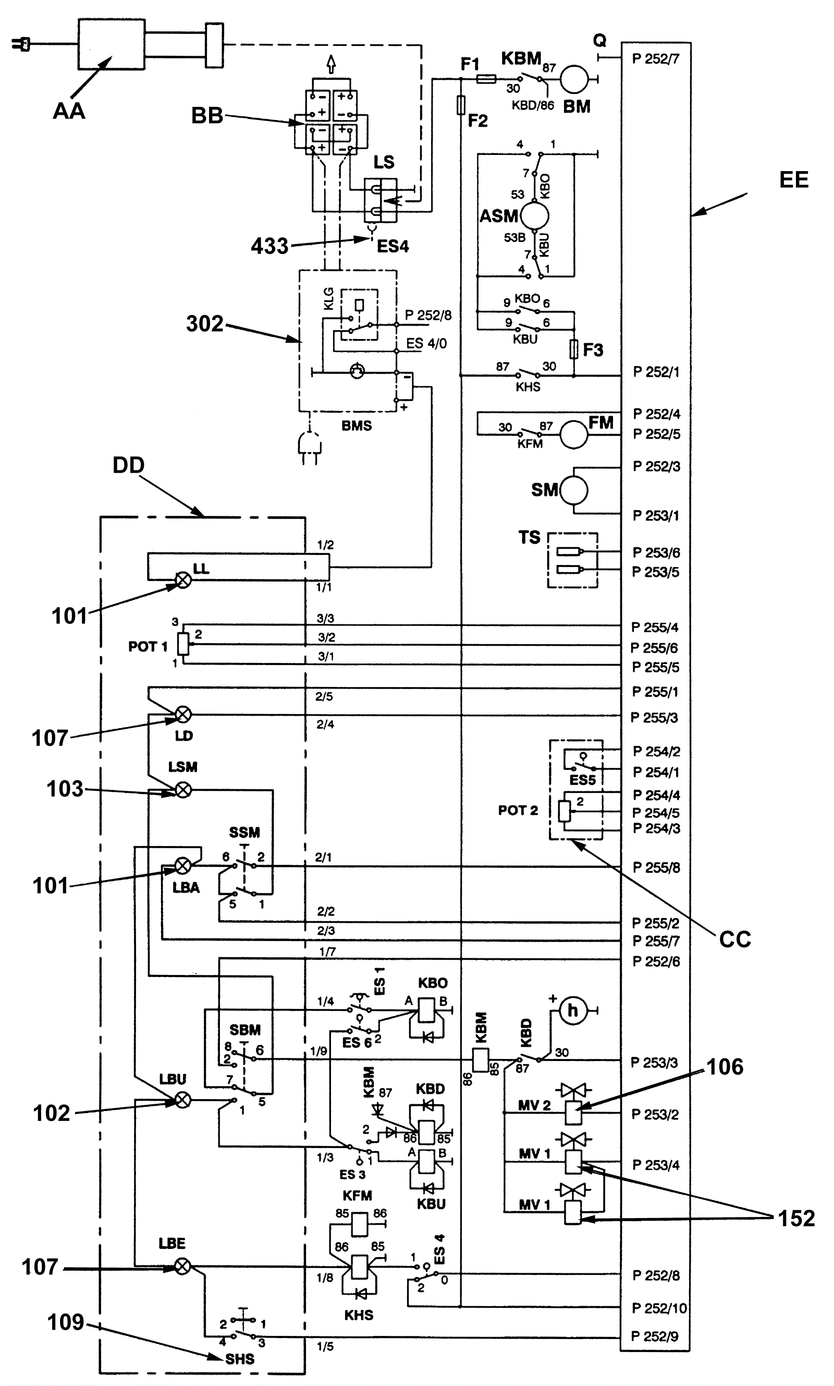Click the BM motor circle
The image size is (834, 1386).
pyautogui.click(x=574, y=79)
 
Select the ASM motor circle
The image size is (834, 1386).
pyautogui.click(x=534, y=216)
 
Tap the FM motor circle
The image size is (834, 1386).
pyautogui.click(x=574, y=435)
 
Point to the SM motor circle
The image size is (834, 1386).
pyautogui.click(x=574, y=490)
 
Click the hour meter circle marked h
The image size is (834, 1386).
pyautogui.click(x=572, y=1010)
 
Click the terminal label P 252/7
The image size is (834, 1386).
pyautogui.click(x=656, y=59)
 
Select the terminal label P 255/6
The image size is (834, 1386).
pyautogui.click(x=654, y=648)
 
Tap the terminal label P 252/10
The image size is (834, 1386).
pyautogui.click(x=659, y=1308)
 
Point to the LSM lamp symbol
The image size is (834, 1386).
pyautogui.click(x=183, y=790)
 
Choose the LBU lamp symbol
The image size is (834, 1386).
pyautogui.click(x=183, y=1100)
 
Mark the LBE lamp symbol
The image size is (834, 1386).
pyautogui.click(x=182, y=1266)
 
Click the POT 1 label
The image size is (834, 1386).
pyautogui.click(x=148, y=647)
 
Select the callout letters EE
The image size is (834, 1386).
pyautogui.click(x=793, y=180)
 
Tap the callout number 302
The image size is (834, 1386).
pyautogui.click(x=204, y=324)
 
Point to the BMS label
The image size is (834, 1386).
pyautogui.click(x=357, y=426)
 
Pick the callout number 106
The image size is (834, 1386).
pyautogui.click(x=725, y=1067)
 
